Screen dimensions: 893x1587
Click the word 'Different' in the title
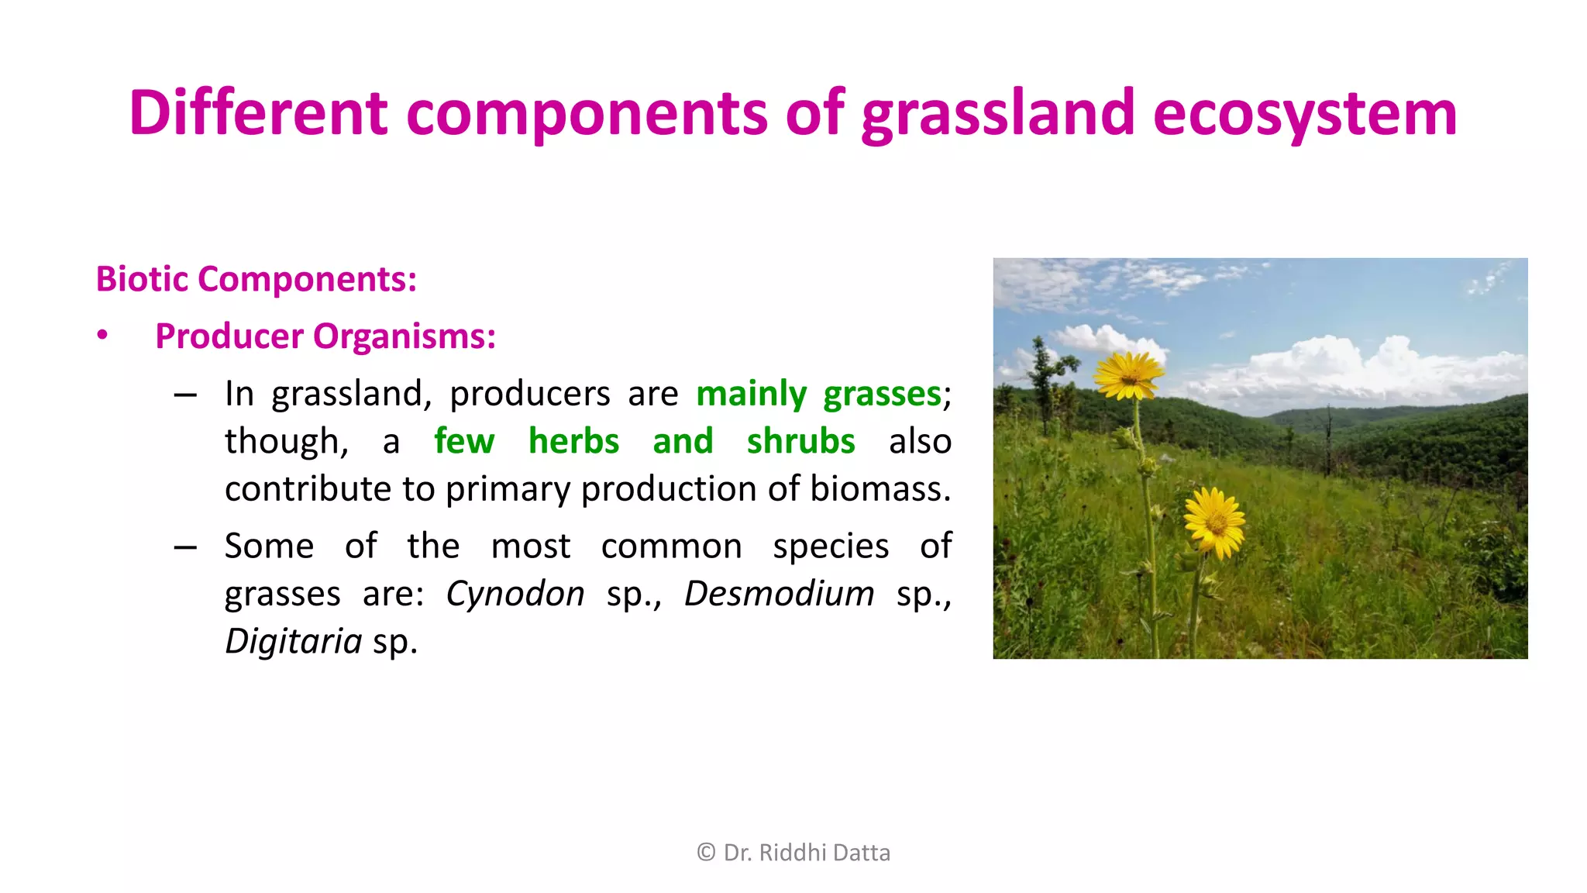pyautogui.click(x=257, y=113)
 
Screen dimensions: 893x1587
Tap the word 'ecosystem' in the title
pyautogui.click(x=1304, y=115)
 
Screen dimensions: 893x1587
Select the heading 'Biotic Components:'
pyautogui.click(x=256, y=279)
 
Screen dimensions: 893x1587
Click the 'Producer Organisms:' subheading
pyautogui.click(x=325, y=336)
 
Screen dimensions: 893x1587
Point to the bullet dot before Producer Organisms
pyautogui.click(x=102, y=335)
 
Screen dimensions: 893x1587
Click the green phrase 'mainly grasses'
pyautogui.click(x=818, y=394)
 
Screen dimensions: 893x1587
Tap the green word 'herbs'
pyautogui.click(x=573, y=441)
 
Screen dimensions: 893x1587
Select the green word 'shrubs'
pyautogui.click(x=800, y=441)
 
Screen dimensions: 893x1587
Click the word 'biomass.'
pyautogui.click(x=880, y=489)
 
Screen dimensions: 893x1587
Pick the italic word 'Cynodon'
pyautogui.click(x=515, y=594)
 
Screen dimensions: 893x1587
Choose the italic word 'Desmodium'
pyautogui.click(x=779, y=594)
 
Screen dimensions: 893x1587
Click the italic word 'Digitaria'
pyautogui.click(x=294, y=641)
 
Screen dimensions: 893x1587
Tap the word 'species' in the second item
pyautogui.click(x=831, y=546)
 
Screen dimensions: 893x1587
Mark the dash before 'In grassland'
pyautogui.click(x=185, y=395)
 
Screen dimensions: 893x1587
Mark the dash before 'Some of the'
pyautogui.click(x=185, y=548)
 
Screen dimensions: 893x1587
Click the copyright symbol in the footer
pyautogui.click(x=706, y=853)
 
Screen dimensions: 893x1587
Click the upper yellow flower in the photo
pyautogui.click(x=1129, y=375)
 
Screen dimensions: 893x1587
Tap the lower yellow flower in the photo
pyautogui.click(x=1214, y=522)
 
